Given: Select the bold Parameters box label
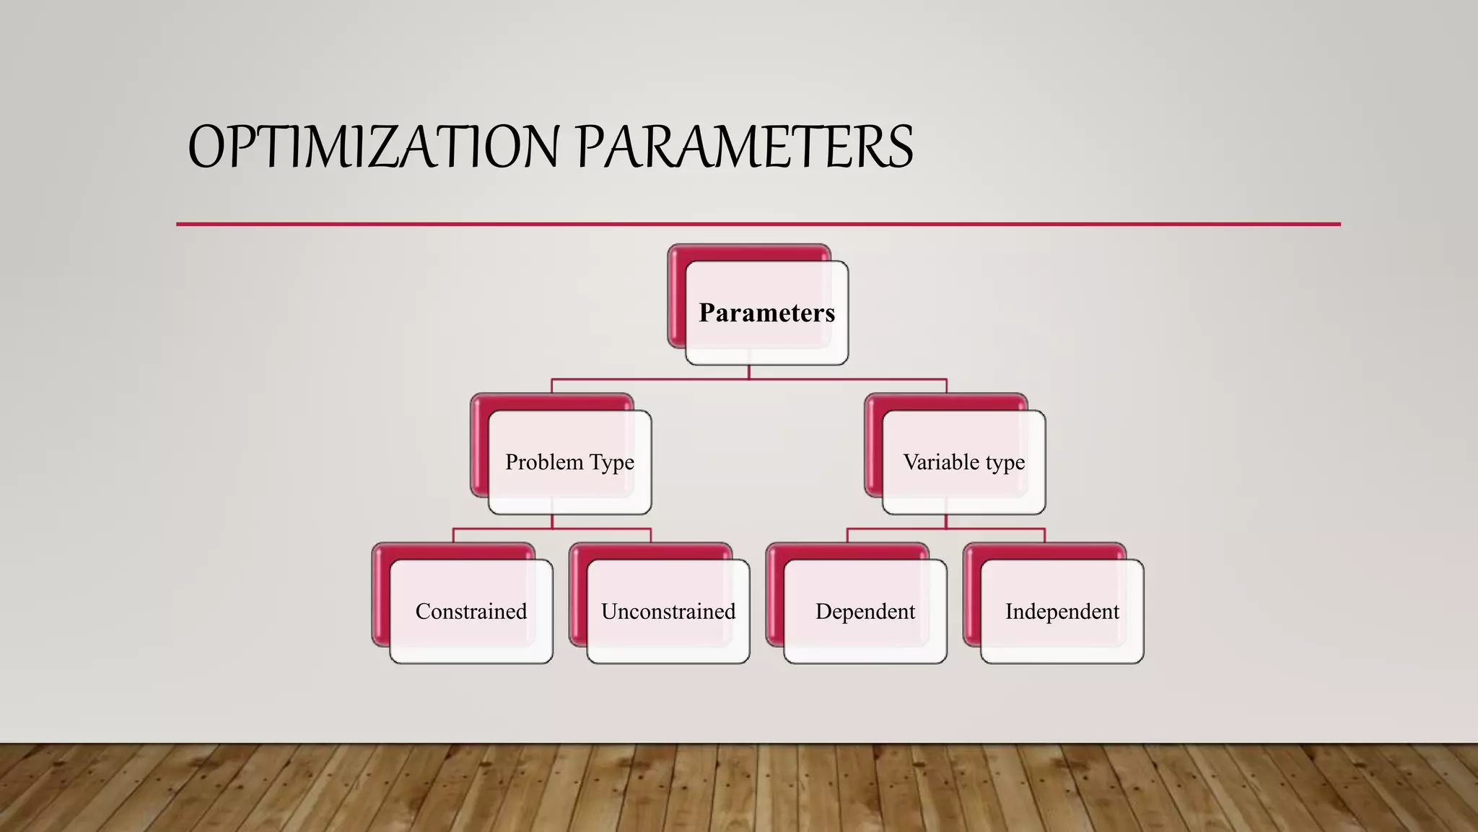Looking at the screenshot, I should click(x=766, y=313).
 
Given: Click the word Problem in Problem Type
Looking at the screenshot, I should click(x=544, y=462).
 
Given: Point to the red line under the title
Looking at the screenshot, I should click(x=758, y=225).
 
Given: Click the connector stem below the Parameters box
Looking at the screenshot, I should click(x=749, y=372).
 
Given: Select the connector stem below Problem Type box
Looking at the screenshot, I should click(x=552, y=521).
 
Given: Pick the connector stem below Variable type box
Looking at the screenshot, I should click(x=946, y=521).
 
